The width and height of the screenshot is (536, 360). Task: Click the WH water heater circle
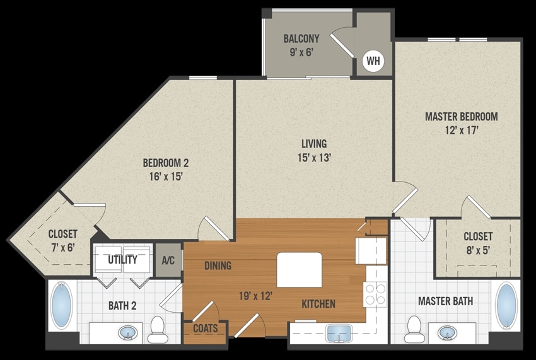pyautogui.click(x=373, y=61)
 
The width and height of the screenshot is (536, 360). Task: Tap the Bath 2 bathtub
pyautogui.click(x=62, y=305)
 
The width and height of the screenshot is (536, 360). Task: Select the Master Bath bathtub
pyautogui.click(x=506, y=305)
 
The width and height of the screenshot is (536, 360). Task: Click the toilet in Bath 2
pyautogui.click(x=158, y=330)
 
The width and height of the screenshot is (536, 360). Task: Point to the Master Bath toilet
pyautogui.click(x=414, y=329)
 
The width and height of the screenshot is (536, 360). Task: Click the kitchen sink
pyautogui.click(x=339, y=334)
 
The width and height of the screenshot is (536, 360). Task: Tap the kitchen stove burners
pyautogui.click(x=375, y=294)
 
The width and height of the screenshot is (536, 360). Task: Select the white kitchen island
pyautogui.click(x=299, y=270)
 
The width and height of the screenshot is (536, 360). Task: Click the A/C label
pyautogui.click(x=168, y=260)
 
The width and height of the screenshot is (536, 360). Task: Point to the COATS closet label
pyautogui.click(x=206, y=328)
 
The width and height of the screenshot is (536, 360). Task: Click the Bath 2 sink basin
pyautogui.click(x=128, y=333)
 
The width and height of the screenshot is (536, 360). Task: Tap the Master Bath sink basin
pyautogui.click(x=447, y=333)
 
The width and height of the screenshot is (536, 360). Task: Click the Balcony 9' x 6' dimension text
pyautogui.click(x=301, y=52)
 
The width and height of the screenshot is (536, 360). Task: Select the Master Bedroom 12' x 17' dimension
pyautogui.click(x=462, y=131)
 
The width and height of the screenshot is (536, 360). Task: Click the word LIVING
pyautogui.click(x=314, y=144)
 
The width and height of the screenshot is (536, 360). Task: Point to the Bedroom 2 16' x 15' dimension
pyautogui.click(x=165, y=177)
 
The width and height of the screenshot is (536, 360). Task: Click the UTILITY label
pyautogui.click(x=123, y=260)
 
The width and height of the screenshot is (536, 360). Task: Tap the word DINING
pyautogui.click(x=218, y=265)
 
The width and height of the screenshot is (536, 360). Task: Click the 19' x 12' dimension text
pyautogui.click(x=255, y=296)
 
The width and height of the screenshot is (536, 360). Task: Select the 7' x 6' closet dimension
pyautogui.click(x=62, y=247)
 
